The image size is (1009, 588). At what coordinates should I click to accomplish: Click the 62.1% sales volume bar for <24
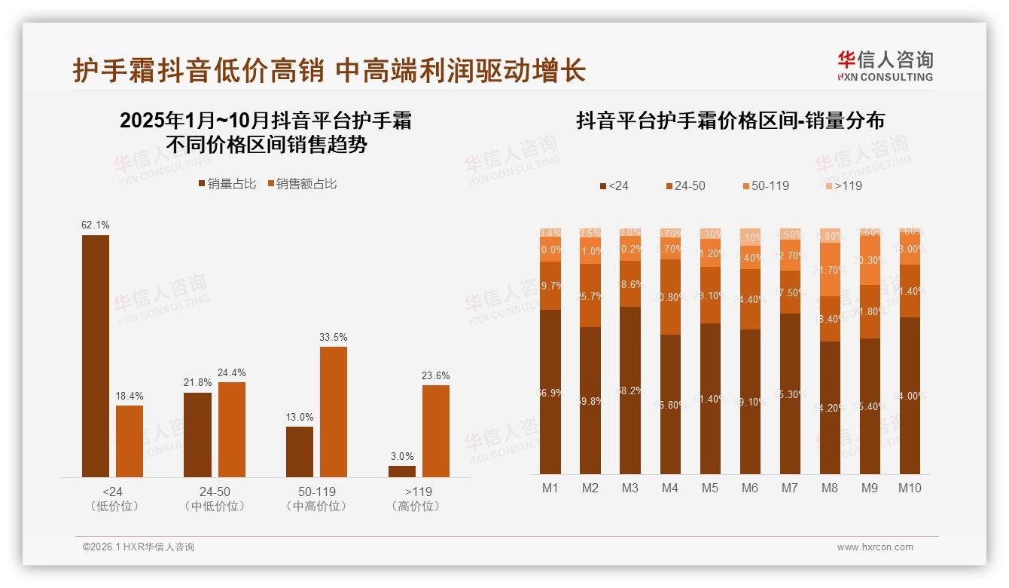click(x=96, y=356)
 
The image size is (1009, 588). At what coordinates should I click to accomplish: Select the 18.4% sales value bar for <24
click(x=130, y=441)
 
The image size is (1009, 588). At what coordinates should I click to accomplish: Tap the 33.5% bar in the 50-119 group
click(x=334, y=412)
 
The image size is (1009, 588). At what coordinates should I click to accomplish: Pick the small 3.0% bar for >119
click(x=402, y=471)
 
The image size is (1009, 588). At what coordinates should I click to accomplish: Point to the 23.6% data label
click(x=436, y=375)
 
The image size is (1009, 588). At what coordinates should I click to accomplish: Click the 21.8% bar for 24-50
click(x=197, y=434)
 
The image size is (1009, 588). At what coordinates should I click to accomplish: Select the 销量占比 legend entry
click(x=227, y=184)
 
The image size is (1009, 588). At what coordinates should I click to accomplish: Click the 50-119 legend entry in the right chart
click(x=766, y=185)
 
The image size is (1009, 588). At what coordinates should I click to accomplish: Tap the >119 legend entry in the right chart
click(x=843, y=185)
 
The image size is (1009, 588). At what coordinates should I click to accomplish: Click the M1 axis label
click(x=550, y=488)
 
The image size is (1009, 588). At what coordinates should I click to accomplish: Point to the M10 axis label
click(x=910, y=488)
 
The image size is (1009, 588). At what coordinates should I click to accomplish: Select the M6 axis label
click(x=750, y=488)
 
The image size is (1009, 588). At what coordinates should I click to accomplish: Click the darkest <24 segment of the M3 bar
click(x=630, y=390)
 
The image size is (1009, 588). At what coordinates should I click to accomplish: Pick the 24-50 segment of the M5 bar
click(x=710, y=296)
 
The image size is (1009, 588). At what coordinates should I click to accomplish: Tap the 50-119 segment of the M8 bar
click(x=830, y=269)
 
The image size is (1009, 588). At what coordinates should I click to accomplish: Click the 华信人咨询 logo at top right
click(x=885, y=66)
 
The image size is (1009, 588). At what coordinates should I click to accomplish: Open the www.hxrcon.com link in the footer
click(x=875, y=547)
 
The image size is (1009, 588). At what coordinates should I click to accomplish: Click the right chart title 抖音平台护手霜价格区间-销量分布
click(x=730, y=121)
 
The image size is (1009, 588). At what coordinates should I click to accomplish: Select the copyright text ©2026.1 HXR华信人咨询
click(x=139, y=547)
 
